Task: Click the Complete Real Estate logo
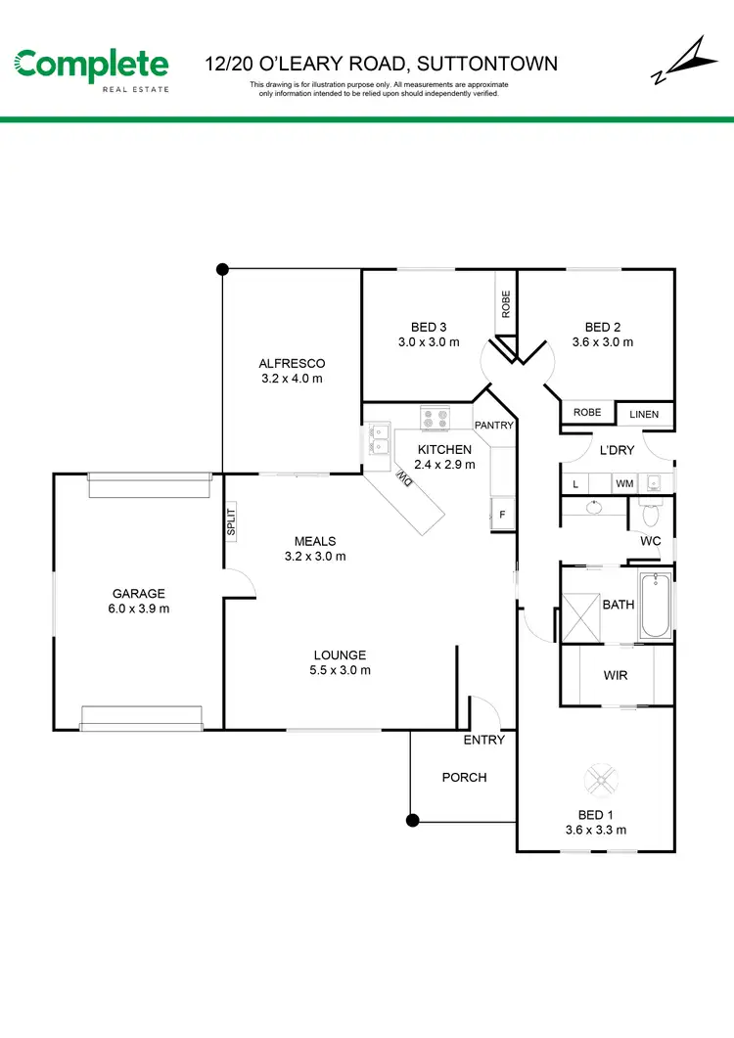pos(91,68)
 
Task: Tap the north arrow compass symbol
pos(676,63)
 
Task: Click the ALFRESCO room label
pos(292,363)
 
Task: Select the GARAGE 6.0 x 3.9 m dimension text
pos(138,609)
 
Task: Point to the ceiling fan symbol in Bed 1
pos(600,780)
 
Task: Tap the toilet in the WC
pos(652,511)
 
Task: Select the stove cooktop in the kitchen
pos(434,418)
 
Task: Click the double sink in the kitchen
pos(378,441)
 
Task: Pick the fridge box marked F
pos(503,514)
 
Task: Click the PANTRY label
pos(493,426)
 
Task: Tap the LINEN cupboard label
pos(644,415)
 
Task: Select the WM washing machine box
pos(623,483)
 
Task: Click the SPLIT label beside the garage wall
pos(232,519)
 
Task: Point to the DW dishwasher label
pos(403,478)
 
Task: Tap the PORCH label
pos(464,777)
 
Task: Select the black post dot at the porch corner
pos(412,820)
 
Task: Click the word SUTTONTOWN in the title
pos(487,65)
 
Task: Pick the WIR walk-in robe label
pos(615,675)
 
